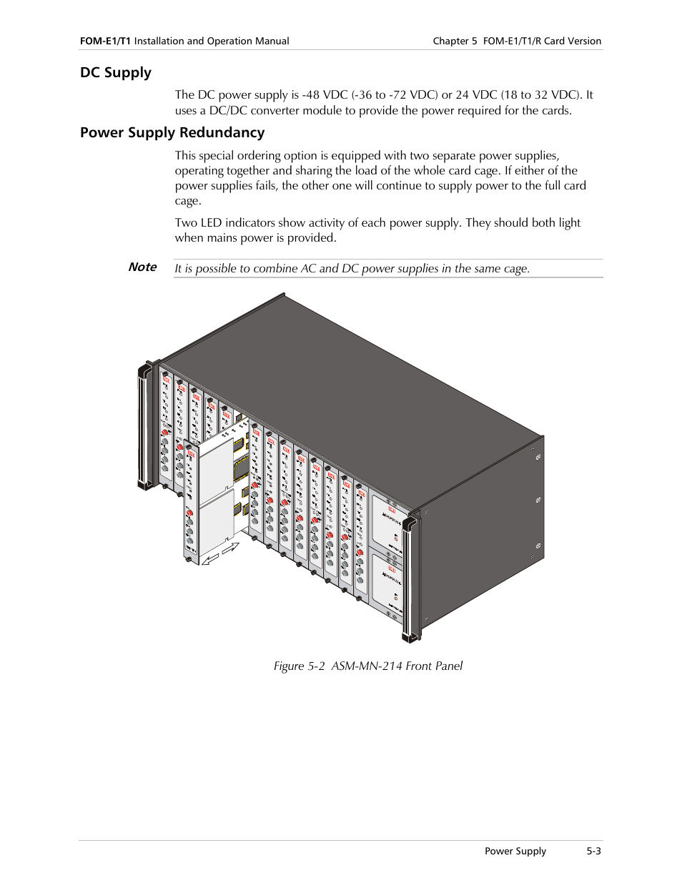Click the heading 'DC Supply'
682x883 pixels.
pyautogui.click(x=116, y=73)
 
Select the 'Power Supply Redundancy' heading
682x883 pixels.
pyautogui.click(x=172, y=133)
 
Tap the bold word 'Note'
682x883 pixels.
pyautogui.click(x=142, y=267)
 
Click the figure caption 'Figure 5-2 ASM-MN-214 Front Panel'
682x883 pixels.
pyautogui.click(x=367, y=666)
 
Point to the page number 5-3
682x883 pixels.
pyautogui.click(x=593, y=851)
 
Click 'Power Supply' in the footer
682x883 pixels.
pyautogui.click(x=515, y=851)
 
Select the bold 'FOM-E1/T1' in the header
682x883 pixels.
pyautogui.click(x=105, y=41)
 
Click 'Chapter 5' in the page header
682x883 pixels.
pyautogui.click(x=455, y=41)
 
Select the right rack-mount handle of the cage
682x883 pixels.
pyautogui.click(x=409, y=579)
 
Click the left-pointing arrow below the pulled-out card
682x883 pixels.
pyautogui.click(x=211, y=559)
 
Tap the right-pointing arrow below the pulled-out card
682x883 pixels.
pyautogui.click(x=231, y=548)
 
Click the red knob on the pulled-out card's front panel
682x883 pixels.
pyautogui.click(x=190, y=512)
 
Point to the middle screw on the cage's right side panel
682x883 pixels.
pyautogui.click(x=538, y=501)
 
